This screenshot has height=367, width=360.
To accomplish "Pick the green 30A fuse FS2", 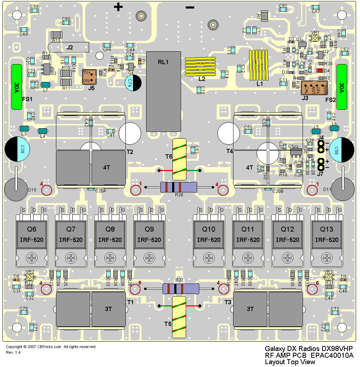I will (342, 87).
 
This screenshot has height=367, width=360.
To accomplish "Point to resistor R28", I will (179, 187).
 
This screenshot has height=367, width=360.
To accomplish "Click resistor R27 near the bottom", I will (180, 289).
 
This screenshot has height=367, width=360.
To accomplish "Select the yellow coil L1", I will (258, 65).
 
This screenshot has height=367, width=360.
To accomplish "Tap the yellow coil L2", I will (200, 66).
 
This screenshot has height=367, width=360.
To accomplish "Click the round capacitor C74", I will (133, 83).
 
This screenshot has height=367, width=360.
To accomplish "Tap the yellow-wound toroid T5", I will (180, 317).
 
